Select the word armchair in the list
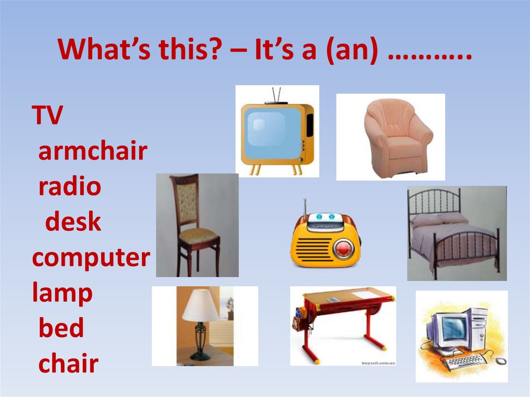93,152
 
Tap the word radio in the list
69,187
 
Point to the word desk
72,222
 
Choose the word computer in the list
91,258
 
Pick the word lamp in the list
62,293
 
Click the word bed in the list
61,329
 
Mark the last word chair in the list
68,364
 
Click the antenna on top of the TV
276,95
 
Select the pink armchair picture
397,137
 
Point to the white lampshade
200,305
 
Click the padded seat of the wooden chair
198,236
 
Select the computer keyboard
464,360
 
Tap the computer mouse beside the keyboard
500,361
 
